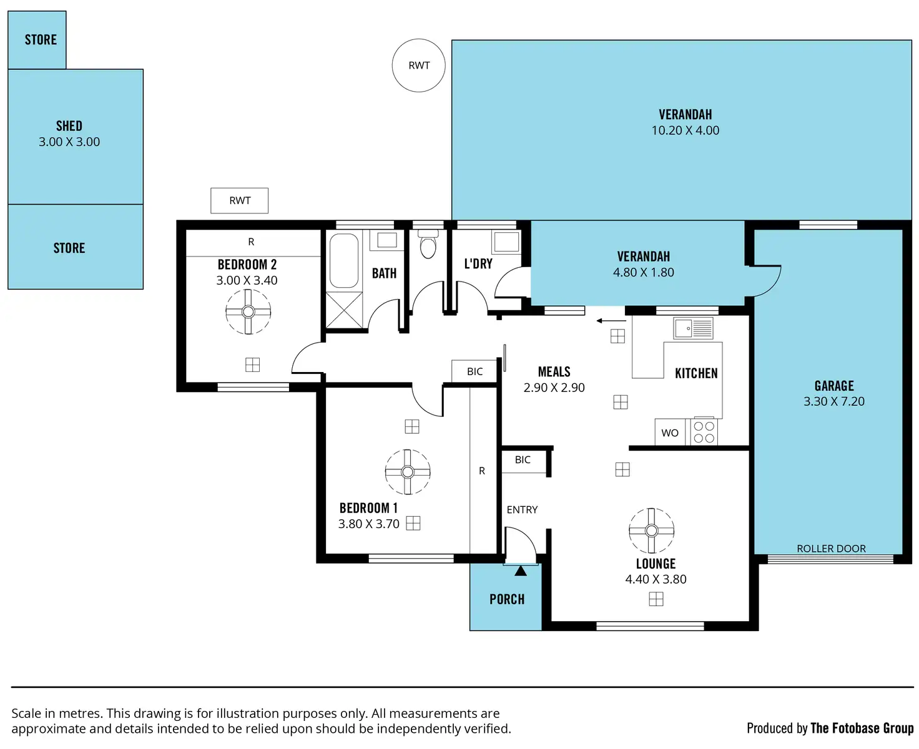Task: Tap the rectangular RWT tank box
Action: coord(238,200)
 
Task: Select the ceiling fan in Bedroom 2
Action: coord(248,311)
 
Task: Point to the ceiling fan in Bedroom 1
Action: coord(407,471)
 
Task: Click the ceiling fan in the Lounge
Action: coord(651,531)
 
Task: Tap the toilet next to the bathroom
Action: coord(428,245)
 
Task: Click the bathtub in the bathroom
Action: coord(343,260)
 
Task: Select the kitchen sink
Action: coord(692,328)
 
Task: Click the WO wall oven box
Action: coord(669,432)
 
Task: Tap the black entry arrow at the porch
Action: coord(520,570)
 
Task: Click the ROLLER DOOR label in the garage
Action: coord(830,548)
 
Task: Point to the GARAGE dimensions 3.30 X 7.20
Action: coord(833,401)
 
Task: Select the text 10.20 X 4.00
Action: coord(685,130)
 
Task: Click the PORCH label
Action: coord(506,599)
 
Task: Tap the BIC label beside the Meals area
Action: coord(474,371)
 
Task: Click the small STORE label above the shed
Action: coord(41,40)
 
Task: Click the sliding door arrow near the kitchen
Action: coord(611,321)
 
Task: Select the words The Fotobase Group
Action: coord(862,728)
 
